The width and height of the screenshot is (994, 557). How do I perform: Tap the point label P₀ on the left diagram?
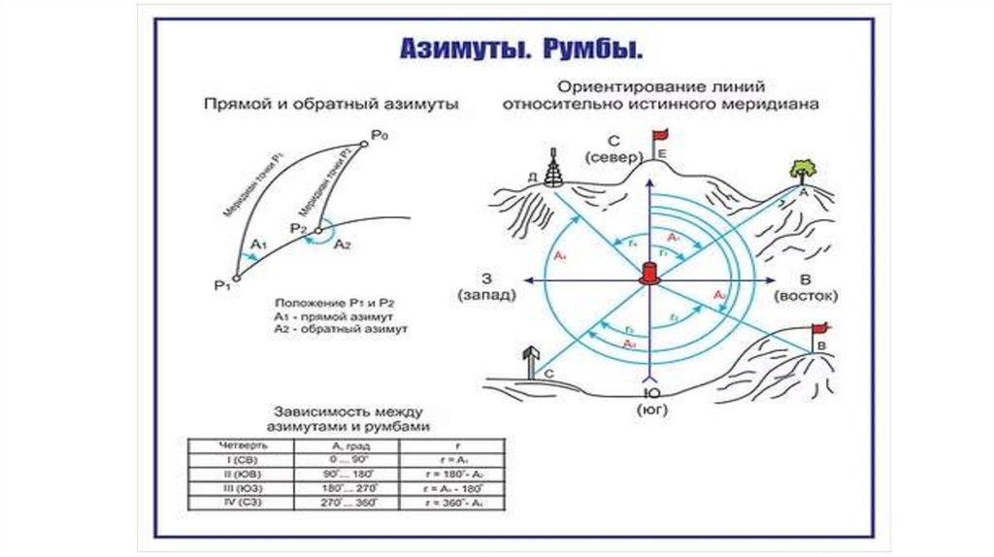click(379, 138)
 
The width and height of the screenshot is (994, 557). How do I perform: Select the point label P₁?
click(221, 283)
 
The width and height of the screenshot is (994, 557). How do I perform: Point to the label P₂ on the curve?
click(298, 229)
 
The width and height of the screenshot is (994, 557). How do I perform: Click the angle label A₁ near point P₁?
click(257, 244)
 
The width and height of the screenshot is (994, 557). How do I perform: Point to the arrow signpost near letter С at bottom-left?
click(529, 359)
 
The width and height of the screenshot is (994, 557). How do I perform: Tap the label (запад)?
click(479, 294)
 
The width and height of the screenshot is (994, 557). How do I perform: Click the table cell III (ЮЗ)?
click(231, 488)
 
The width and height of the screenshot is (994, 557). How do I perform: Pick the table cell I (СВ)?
click(231, 459)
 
